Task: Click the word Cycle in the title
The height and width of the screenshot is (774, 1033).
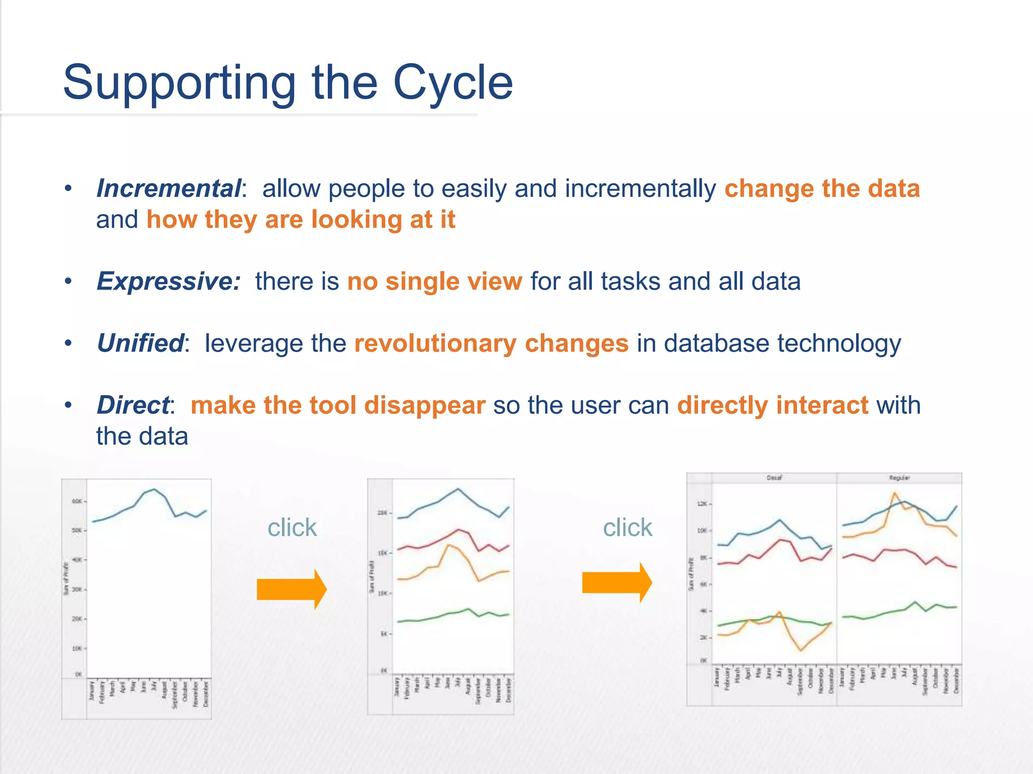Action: (452, 83)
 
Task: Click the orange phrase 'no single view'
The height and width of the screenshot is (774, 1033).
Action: (434, 282)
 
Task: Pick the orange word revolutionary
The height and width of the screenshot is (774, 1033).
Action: (435, 344)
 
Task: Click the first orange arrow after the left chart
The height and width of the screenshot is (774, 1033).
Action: (292, 589)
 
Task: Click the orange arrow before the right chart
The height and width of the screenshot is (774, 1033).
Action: (616, 583)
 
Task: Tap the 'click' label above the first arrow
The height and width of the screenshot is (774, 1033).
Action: (292, 528)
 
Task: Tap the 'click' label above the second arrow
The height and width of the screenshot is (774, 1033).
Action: (627, 528)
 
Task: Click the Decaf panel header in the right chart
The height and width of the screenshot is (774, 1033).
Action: (774, 478)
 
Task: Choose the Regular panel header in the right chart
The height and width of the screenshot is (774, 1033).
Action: (899, 478)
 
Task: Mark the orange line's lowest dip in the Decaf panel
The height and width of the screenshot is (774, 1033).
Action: (801, 650)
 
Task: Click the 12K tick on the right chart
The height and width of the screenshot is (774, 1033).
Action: (702, 504)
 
